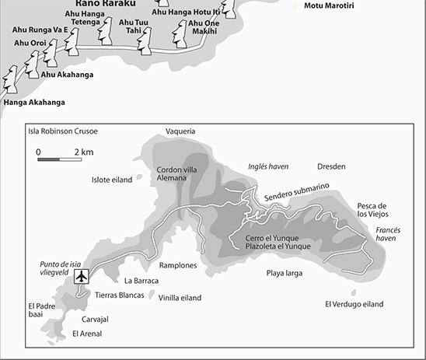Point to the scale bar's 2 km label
tap(84, 151)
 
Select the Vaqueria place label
tap(180, 131)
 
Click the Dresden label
tap(331, 166)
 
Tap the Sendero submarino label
tap(296, 192)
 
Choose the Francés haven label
tap(389, 235)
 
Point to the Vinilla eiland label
tap(180, 297)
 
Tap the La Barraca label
tap(141, 281)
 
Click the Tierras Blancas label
tap(119, 295)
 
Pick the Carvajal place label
tap(94, 319)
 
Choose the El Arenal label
tap(86, 334)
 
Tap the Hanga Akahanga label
tap(34, 102)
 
